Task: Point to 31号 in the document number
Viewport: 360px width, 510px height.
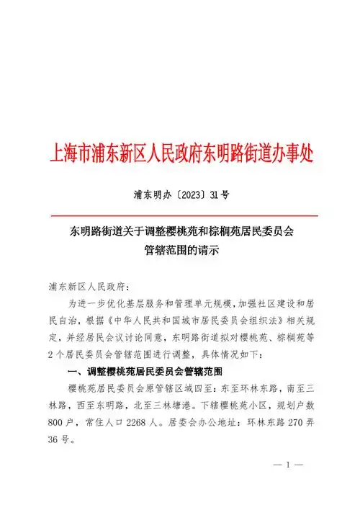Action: coord(217,194)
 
